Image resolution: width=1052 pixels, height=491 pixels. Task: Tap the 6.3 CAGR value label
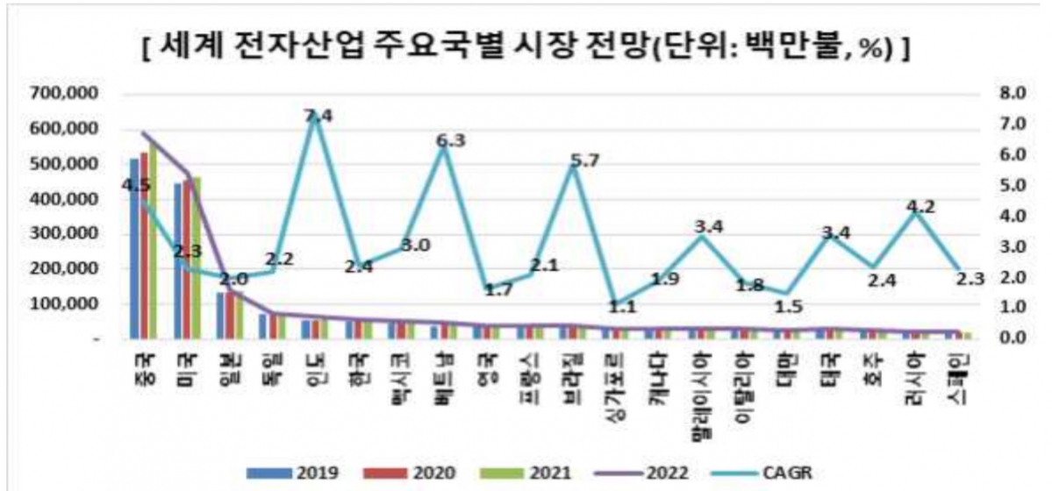(449, 140)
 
